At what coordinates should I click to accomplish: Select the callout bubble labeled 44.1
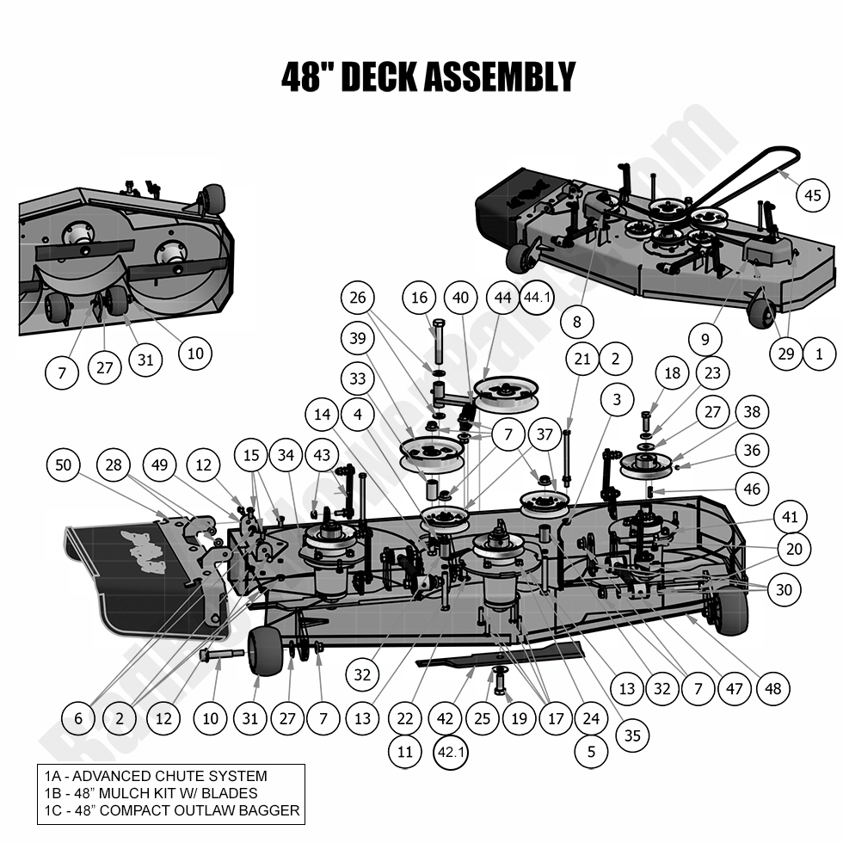[539, 298]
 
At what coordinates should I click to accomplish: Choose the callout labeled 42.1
[453, 752]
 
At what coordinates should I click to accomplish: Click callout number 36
[752, 450]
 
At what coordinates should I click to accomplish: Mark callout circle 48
[773, 688]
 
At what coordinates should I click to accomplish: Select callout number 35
[632, 735]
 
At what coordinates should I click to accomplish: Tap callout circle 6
[79, 717]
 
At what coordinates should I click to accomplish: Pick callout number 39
[359, 337]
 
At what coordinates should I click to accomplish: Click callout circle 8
[575, 323]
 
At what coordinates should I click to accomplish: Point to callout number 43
[322, 453]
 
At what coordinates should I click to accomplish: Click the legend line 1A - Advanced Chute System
[156, 777]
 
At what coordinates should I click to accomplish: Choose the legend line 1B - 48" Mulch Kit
[151, 793]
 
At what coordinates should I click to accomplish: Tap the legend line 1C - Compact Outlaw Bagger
[171, 810]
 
